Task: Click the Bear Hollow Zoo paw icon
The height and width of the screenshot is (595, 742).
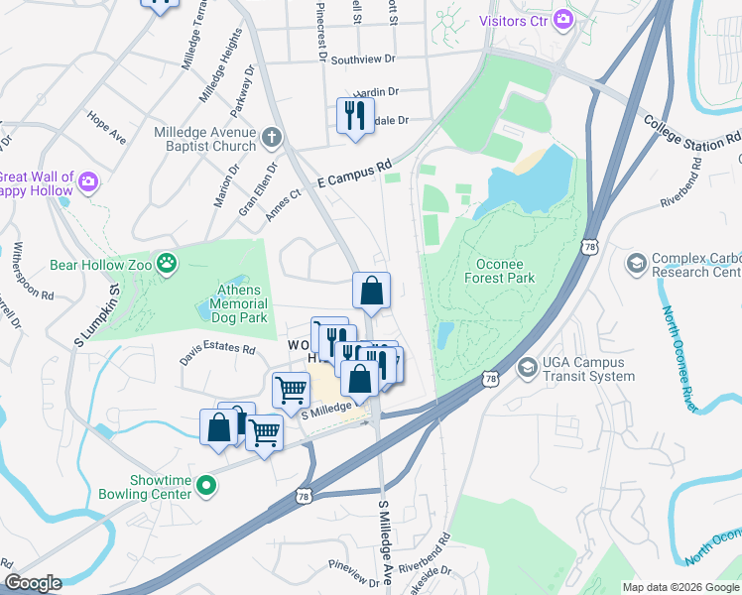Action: click(x=172, y=265)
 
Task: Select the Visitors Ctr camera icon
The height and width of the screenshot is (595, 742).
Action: click(x=563, y=19)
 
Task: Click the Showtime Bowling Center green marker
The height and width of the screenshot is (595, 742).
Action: click(x=206, y=485)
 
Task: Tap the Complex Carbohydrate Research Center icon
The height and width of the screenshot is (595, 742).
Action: click(x=635, y=264)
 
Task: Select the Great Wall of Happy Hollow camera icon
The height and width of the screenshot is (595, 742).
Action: click(x=89, y=181)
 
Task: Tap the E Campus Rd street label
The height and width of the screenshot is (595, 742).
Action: click(x=355, y=174)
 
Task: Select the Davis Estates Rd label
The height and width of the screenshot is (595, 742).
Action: click(x=217, y=350)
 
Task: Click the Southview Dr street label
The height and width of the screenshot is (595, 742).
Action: click(x=363, y=59)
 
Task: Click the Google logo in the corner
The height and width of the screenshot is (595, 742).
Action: click(x=33, y=583)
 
